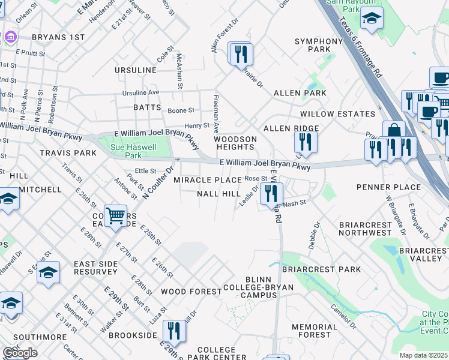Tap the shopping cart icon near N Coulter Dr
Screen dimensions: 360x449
[115, 214]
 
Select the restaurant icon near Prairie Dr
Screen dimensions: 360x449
[242, 54]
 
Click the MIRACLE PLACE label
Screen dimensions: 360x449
[208, 180]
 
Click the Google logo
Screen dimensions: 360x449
[20, 353]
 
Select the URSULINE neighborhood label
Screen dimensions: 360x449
[136, 70]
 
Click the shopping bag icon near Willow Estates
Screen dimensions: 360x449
[394, 131]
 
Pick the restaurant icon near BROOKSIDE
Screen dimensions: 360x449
[173, 330]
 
